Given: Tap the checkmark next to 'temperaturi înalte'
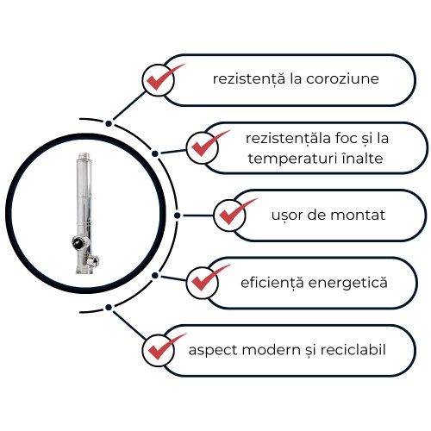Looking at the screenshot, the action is click(x=208, y=145).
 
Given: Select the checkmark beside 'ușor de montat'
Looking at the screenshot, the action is click(x=235, y=212).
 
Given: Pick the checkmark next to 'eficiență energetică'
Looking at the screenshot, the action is click(x=208, y=278).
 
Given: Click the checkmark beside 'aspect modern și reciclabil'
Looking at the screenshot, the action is click(x=165, y=347).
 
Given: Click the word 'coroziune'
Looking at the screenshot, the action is click(x=342, y=78).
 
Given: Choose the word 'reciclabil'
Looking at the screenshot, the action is click(x=353, y=350).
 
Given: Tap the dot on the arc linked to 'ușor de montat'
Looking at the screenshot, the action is click(x=178, y=215).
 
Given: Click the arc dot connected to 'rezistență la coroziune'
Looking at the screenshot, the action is click(x=109, y=123).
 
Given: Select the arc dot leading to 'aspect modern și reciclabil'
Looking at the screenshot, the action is click(x=109, y=308).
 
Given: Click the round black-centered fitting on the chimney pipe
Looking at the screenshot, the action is click(x=78, y=242).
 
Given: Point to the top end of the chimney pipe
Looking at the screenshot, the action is click(x=84, y=153).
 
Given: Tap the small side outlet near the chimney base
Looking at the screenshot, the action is click(x=93, y=260).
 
